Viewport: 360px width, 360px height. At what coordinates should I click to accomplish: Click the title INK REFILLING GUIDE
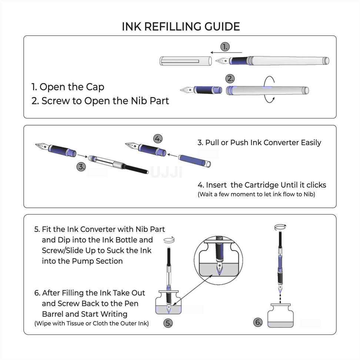click(181, 26)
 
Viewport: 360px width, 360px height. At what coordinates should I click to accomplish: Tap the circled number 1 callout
click(225, 47)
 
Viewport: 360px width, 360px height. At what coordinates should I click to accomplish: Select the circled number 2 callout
click(230, 79)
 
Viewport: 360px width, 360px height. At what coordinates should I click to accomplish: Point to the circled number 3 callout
click(81, 167)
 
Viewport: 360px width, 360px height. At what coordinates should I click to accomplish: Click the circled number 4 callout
click(158, 139)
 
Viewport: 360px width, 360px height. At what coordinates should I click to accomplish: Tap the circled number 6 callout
click(258, 322)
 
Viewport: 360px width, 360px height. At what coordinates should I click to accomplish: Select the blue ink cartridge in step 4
click(194, 160)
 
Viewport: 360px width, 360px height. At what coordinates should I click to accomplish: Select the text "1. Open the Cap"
click(68, 87)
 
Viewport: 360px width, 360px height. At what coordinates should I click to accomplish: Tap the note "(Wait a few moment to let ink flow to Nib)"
click(256, 194)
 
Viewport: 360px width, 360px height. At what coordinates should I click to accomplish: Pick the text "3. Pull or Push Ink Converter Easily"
click(259, 143)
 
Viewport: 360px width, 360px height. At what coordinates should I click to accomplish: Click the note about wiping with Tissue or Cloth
click(91, 323)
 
